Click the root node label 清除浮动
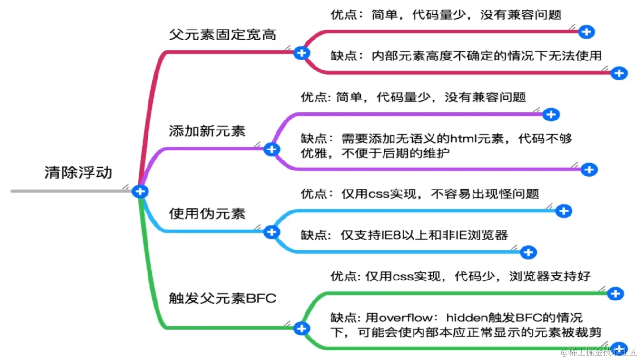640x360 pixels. pos(78,172)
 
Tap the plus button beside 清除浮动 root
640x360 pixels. pos(140,191)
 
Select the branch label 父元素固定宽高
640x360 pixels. pos(222,35)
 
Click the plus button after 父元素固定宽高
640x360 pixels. pos(301,53)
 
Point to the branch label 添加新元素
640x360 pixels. pos(207,131)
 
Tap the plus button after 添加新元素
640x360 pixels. pos(272,150)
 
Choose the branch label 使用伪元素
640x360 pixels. pos(207,213)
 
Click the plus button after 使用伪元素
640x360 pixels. pos(272,232)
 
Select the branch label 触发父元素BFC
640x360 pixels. pos(222,298)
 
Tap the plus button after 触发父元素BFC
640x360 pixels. pos(302,328)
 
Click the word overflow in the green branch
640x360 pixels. pos(402,318)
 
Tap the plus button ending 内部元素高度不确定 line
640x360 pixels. pos(619,73)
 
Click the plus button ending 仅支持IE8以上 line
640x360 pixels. pos(528,252)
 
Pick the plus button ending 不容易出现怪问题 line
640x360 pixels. pos(563,211)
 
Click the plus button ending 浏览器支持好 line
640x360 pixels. pos(616,293)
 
